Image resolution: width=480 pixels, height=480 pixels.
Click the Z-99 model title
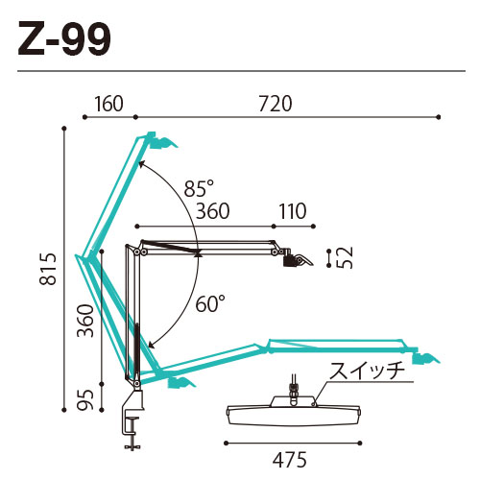[64, 38]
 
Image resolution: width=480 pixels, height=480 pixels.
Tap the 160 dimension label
[108, 104]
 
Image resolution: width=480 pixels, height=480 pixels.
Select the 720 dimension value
[276, 104]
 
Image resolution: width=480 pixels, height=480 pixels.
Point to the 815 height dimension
[48, 269]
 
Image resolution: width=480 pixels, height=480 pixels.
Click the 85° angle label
[199, 188]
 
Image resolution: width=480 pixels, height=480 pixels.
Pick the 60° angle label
[210, 303]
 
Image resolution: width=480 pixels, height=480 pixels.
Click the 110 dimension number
[293, 211]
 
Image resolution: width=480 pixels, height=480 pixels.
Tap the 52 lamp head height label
[345, 258]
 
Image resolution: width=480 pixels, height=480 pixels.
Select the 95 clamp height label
[85, 399]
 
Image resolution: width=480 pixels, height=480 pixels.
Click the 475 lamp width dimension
[290, 460]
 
